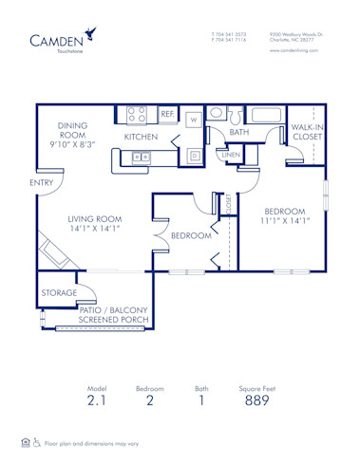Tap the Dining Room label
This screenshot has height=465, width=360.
click(x=72, y=134)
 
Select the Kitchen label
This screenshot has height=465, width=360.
click(x=141, y=137)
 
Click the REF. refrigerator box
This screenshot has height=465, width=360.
click(x=167, y=115)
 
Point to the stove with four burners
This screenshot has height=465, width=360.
click(x=137, y=115)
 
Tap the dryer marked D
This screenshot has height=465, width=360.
click(x=194, y=155)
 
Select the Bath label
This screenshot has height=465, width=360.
click(x=238, y=133)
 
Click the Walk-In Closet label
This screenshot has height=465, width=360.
click(x=307, y=132)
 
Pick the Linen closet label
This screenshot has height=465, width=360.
click(x=230, y=153)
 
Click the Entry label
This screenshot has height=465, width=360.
click(x=41, y=181)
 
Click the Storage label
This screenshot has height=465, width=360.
click(x=59, y=293)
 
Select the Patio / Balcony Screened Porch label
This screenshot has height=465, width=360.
click(x=118, y=314)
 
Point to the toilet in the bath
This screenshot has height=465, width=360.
click(x=215, y=113)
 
